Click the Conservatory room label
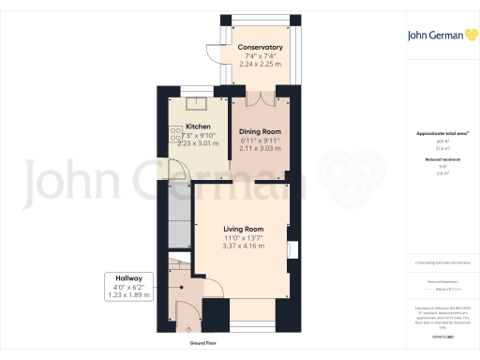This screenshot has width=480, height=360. pos(260,47)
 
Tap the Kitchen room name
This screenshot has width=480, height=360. pos(198,127)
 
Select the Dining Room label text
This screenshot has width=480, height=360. pos(260,132)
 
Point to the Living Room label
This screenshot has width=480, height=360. pos(243,229)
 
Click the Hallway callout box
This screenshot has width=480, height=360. pos(128,286)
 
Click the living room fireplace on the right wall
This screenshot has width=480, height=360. pos(293,248)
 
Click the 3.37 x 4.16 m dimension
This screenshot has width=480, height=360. pos(243,246)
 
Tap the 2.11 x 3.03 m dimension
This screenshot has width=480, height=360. pos(260,148)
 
